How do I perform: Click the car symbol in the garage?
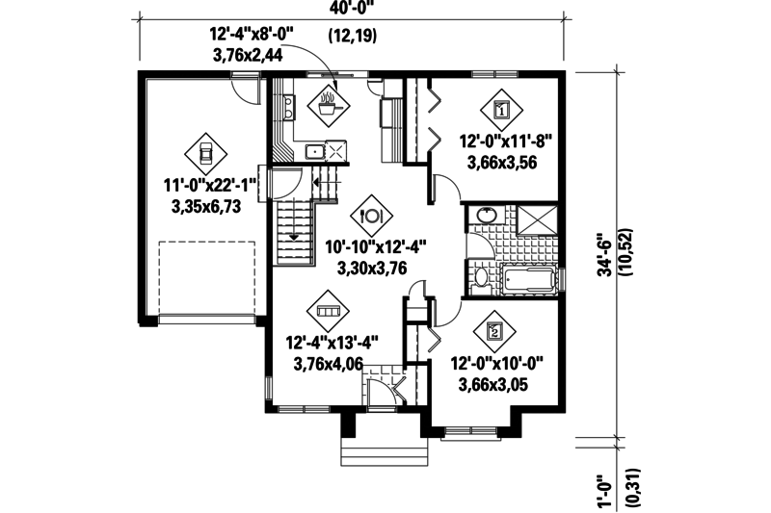pyautogui.click(x=205, y=154)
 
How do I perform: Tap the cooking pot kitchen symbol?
pyautogui.click(x=328, y=104)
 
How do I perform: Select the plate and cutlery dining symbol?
pyautogui.click(x=371, y=215)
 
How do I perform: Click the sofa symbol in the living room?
pyautogui.click(x=328, y=311)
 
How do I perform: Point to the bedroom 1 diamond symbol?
pyautogui.click(x=501, y=110)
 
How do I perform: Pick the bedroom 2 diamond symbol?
pyautogui.click(x=494, y=331)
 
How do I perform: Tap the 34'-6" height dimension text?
pyautogui.click(x=605, y=258)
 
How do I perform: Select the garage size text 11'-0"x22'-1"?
pyautogui.click(x=210, y=186)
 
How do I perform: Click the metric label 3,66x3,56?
pyautogui.click(x=502, y=163)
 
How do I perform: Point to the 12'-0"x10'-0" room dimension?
pyautogui.click(x=497, y=365)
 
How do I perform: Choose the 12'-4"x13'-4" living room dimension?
pyautogui.click(x=332, y=343)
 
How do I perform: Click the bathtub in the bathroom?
pyautogui.click(x=529, y=280)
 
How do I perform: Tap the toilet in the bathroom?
pyautogui.click(x=480, y=281)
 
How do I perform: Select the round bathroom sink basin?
pyautogui.click(x=487, y=215)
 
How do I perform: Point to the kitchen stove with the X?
pyautogui.click(x=335, y=151)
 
